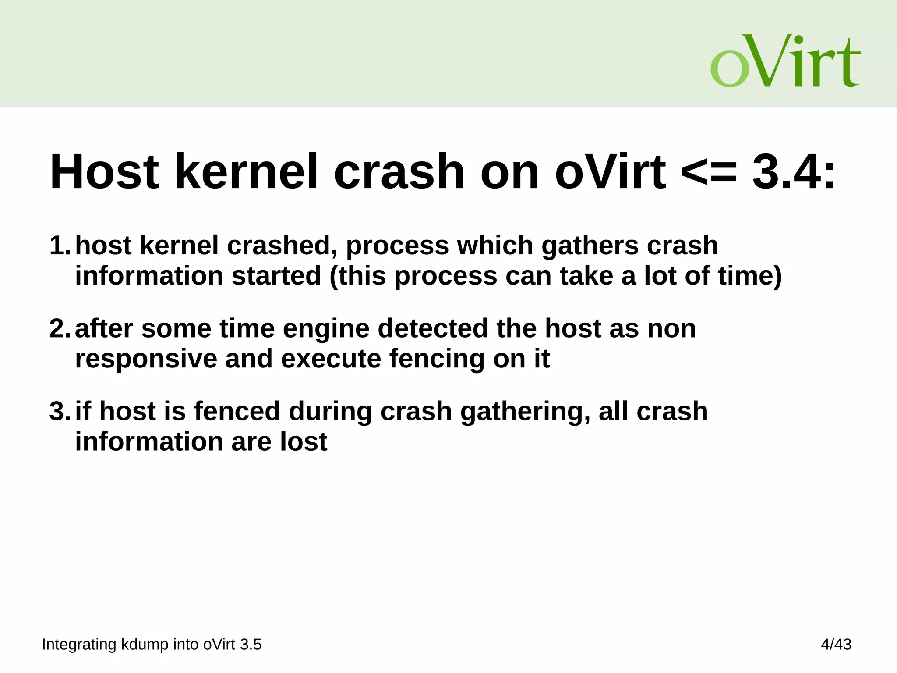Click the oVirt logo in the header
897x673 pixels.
(x=785, y=61)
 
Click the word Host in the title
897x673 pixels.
(x=104, y=172)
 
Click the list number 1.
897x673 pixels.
(x=60, y=246)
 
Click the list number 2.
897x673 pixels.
(x=60, y=328)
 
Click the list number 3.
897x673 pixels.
(x=60, y=411)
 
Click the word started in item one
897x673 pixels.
(x=276, y=276)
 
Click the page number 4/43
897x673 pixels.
(x=836, y=644)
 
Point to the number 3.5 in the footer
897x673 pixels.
(x=251, y=645)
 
